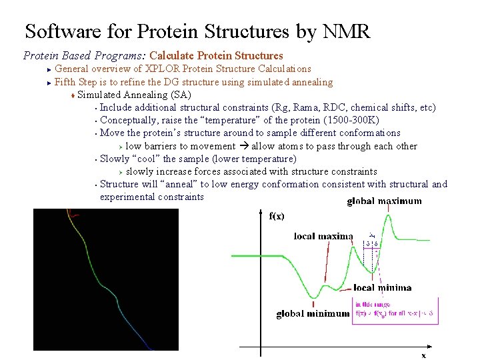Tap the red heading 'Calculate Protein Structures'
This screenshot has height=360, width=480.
[x=217, y=56]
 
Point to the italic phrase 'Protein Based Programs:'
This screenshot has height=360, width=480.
[x=85, y=56]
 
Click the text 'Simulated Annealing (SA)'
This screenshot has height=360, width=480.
[x=134, y=95]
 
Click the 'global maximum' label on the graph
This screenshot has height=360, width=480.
[x=384, y=201]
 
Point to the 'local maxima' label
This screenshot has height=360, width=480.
[x=323, y=236]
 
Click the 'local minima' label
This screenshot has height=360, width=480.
[x=382, y=288]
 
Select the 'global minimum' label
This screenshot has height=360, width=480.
[x=313, y=313]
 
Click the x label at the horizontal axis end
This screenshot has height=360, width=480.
[x=423, y=355]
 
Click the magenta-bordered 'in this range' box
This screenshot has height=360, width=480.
[x=395, y=310]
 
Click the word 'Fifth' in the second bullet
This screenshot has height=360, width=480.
[x=65, y=82]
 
